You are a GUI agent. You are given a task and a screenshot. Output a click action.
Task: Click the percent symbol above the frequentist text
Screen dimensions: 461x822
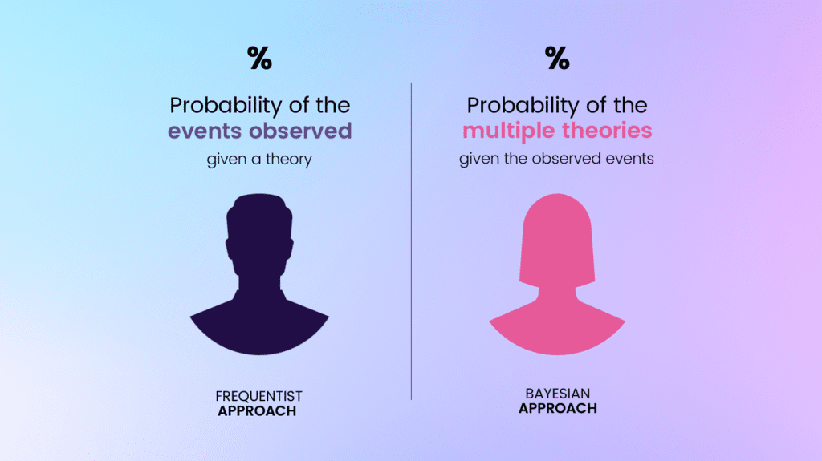click(x=259, y=58)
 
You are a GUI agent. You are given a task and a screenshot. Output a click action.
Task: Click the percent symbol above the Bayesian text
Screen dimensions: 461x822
click(x=557, y=58)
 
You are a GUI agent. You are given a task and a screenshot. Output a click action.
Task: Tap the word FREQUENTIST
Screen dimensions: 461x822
click(x=259, y=397)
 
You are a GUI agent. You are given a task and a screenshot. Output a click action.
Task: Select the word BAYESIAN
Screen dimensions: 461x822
click(x=557, y=394)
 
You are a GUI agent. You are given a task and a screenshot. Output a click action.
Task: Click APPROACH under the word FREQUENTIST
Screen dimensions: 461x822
click(x=259, y=411)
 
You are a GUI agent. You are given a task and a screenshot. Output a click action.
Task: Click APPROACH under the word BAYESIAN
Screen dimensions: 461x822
click(x=557, y=408)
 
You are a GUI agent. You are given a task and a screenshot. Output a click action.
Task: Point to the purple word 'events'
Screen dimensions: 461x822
click(x=205, y=131)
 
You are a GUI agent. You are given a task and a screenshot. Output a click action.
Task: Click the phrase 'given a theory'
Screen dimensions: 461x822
click(x=259, y=160)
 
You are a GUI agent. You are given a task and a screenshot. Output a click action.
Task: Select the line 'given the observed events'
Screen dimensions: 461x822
click(x=556, y=159)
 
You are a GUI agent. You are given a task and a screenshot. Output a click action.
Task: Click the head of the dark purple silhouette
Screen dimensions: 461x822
click(x=259, y=233)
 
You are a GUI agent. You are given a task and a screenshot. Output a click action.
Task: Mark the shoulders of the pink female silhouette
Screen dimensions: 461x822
click(x=557, y=325)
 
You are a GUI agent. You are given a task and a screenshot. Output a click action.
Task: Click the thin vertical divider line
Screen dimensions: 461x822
click(x=411, y=241)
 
